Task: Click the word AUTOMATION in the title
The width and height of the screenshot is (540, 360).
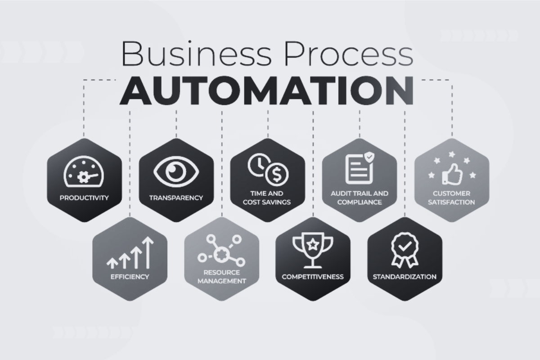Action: [266, 90]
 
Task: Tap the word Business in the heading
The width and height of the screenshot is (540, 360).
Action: [197, 54]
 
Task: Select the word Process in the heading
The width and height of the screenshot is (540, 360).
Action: [349, 54]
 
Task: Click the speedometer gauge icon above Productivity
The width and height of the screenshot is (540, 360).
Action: [84, 171]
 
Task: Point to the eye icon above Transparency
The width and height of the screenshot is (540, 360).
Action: [176, 172]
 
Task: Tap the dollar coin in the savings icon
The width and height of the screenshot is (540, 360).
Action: [277, 174]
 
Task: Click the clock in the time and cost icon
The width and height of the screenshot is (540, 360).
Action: [259, 165]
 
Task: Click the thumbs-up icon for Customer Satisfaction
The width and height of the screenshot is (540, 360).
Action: [452, 174]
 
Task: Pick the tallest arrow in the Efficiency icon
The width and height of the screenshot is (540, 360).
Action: [148, 253]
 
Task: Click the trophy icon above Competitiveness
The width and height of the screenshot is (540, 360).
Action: [313, 250]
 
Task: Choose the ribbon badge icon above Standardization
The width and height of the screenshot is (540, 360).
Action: [405, 250]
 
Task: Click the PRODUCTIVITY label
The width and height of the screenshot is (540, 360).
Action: [84, 198]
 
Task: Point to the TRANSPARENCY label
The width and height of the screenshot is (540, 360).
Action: [176, 198]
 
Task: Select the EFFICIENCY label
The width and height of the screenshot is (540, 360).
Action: [130, 277]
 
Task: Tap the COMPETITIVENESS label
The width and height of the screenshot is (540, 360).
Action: [313, 277]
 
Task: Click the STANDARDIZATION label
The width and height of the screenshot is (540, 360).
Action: [405, 277]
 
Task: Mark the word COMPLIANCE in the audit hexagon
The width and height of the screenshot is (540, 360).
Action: [360, 202]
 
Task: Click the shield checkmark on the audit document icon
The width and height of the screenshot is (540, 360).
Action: [369, 157]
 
